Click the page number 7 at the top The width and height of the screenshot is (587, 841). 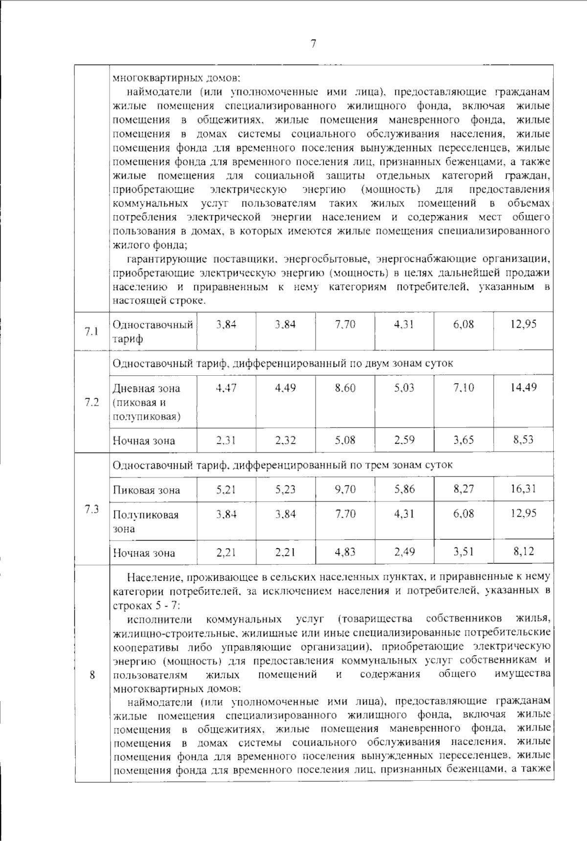click(x=313, y=44)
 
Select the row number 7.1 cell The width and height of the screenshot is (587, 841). click(x=91, y=331)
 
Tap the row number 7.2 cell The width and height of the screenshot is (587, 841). click(x=91, y=402)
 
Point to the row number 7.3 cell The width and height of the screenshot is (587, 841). click(x=91, y=509)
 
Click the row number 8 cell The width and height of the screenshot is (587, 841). click(x=91, y=675)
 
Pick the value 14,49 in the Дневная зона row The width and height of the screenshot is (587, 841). click(x=523, y=387)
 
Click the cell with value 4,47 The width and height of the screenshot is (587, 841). click(x=226, y=388)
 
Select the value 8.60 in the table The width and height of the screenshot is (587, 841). click(x=345, y=388)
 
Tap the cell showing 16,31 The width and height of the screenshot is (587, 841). click(x=523, y=489)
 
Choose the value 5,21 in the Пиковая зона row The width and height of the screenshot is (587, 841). click(x=226, y=489)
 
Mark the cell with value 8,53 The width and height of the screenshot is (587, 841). click(x=523, y=439)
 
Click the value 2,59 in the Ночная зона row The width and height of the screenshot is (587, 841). click(x=405, y=440)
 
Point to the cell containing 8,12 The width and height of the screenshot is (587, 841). click(x=523, y=552)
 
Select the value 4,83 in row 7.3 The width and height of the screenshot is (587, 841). click(x=345, y=552)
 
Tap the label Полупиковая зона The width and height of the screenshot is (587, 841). click(x=146, y=522)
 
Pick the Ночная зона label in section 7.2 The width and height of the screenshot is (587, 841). click(x=144, y=440)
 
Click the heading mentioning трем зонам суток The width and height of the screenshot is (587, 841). click(x=282, y=465)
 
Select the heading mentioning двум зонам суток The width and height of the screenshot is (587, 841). click(x=282, y=363)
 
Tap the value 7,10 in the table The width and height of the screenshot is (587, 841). click(x=463, y=388)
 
